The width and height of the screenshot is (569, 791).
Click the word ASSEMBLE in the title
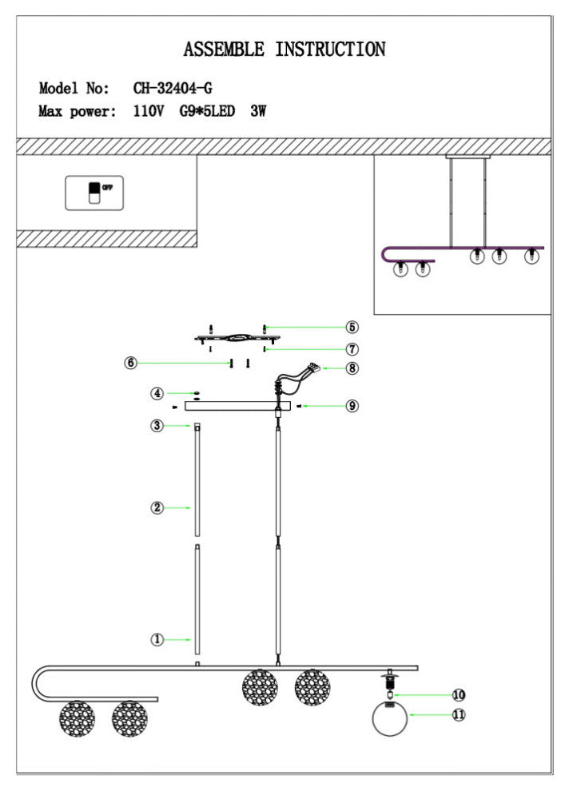click(x=224, y=50)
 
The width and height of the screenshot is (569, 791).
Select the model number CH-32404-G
click(x=173, y=88)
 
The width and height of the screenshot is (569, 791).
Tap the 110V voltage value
click(x=149, y=111)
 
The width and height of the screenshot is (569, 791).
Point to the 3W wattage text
click(x=258, y=111)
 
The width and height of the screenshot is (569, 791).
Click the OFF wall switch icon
click(x=94, y=193)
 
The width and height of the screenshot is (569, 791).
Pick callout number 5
click(x=352, y=327)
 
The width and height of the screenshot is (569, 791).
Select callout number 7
click(x=352, y=348)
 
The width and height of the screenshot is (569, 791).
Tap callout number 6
click(x=131, y=363)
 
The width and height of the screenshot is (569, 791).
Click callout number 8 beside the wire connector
click(x=352, y=368)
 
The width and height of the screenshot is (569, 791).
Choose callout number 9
click(x=352, y=406)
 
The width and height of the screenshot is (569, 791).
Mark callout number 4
click(x=157, y=393)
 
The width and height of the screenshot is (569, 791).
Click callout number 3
click(x=157, y=426)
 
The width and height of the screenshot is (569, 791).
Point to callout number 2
click(x=157, y=507)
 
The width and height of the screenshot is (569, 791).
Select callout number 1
click(x=157, y=640)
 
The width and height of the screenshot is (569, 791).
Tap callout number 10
click(x=459, y=695)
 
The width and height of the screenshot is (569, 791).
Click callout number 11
click(x=459, y=715)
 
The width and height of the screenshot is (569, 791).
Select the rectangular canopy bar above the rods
click(x=237, y=406)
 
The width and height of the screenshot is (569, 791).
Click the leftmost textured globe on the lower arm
click(x=78, y=718)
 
